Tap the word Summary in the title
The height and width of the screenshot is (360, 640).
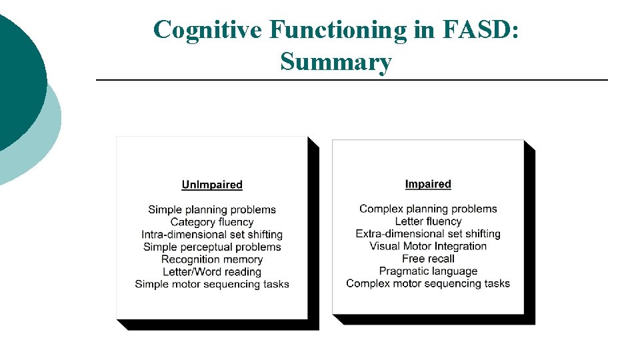(336, 62)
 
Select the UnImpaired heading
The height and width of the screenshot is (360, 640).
(212, 185)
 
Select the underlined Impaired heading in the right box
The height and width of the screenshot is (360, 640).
(428, 184)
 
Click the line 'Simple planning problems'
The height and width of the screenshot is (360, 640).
(212, 210)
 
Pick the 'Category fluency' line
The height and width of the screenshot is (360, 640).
(212, 222)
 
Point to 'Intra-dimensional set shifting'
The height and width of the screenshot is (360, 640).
(212, 235)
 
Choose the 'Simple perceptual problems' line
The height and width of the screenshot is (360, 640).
(212, 247)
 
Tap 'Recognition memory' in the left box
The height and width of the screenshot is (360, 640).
(212, 259)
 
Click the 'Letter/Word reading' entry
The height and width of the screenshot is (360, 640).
(212, 271)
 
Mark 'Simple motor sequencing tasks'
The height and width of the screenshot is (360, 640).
(212, 284)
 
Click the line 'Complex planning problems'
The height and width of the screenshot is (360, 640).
(428, 209)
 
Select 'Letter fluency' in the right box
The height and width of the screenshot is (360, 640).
(428, 221)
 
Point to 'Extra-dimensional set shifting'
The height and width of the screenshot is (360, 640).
(428, 234)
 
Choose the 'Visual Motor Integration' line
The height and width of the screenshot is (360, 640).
(428, 246)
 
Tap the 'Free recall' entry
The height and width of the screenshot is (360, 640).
(428, 259)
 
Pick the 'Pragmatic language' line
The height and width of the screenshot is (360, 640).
(428, 271)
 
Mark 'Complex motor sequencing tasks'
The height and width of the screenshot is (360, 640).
(428, 283)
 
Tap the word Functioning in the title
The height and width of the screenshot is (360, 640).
(337, 30)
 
